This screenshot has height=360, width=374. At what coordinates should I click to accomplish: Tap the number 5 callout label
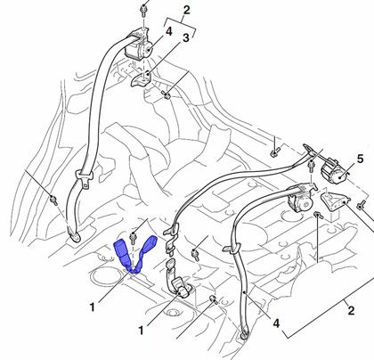click(360, 160)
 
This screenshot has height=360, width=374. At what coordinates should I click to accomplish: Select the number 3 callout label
click(185, 38)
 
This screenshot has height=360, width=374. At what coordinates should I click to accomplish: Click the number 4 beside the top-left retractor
click(168, 31)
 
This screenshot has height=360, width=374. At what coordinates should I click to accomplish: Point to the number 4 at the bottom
click(276, 323)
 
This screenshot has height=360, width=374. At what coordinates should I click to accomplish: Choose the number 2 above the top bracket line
click(186, 10)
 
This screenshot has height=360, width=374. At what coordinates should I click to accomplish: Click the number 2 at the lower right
click(351, 311)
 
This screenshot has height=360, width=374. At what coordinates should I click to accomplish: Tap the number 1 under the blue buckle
click(93, 307)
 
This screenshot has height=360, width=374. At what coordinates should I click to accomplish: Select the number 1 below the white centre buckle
click(142, 330)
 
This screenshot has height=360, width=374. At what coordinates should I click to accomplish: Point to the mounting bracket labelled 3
click(142, 78)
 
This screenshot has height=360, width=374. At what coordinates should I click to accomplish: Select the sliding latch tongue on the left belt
click(84, 178)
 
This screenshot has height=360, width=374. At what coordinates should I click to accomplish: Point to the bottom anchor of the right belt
click(245, 334)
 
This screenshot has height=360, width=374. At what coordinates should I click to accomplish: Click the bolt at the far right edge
click(361, 206)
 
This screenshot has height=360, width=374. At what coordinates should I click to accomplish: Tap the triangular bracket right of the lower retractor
click(335, 202)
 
